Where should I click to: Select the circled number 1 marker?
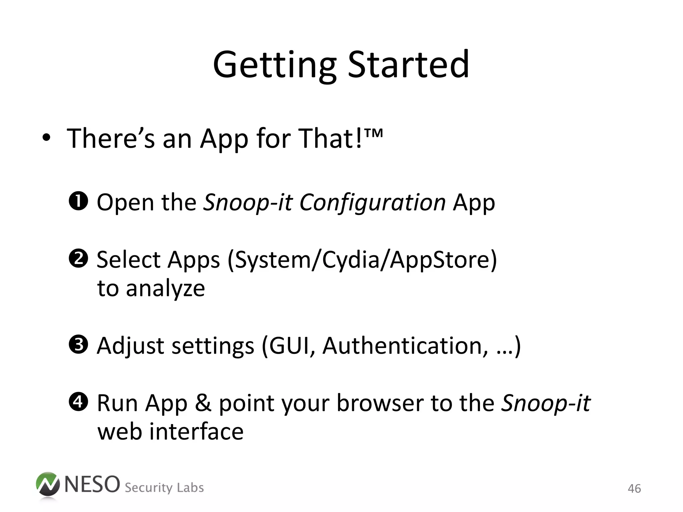78,201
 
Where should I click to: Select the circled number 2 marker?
78,259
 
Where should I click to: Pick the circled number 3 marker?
78,345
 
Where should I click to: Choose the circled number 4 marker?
78,402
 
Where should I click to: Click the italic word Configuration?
372,202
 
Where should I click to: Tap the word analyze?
165,289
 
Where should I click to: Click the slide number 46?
634,489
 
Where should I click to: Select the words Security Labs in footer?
164,488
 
